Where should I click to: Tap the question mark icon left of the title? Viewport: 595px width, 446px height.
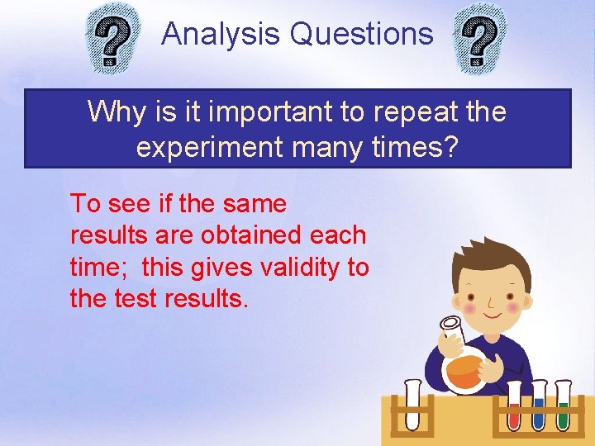tap(114, 42)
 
